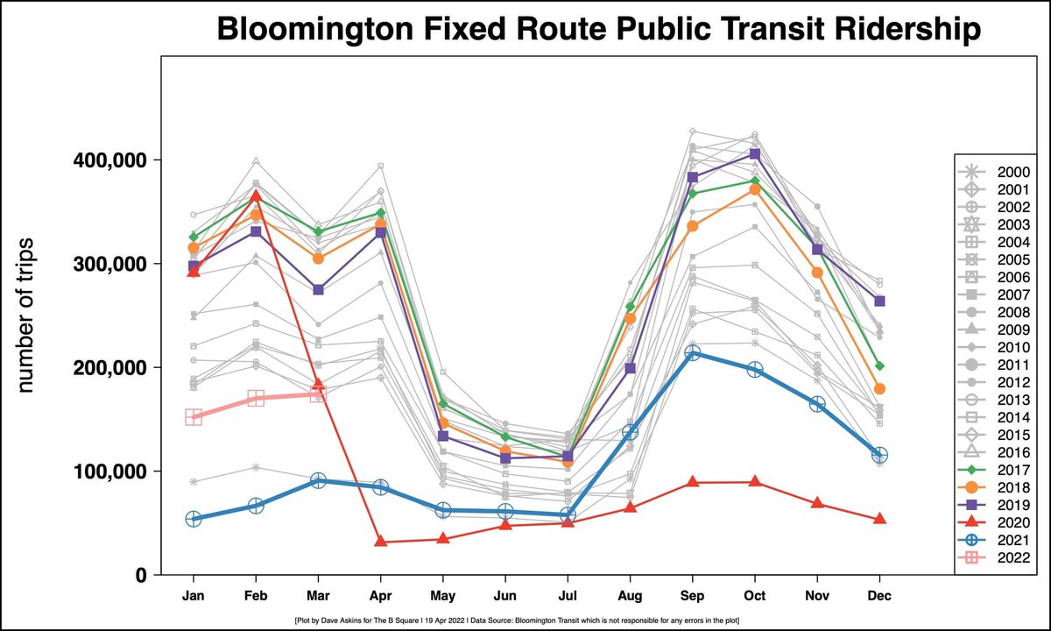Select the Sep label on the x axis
tap(692, 595)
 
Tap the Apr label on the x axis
tap(380, 595)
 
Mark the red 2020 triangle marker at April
tap(380, 542)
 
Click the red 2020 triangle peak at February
tap(256, 195)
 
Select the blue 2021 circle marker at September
tap(692, 353)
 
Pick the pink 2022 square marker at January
tap(194, 417)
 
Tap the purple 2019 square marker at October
tap(755, 154)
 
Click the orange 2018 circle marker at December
tap(879, 388)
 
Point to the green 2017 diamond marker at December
tap(879, 365)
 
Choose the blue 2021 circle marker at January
tap(194, 519)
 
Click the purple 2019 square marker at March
tap(318, 289)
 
